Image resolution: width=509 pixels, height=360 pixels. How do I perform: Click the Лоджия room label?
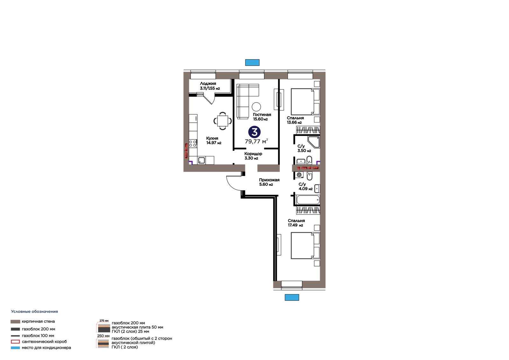point(208,83)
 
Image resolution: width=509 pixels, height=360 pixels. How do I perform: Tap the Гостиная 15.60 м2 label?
point(262,117)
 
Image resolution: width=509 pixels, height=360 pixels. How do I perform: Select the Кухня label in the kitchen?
point(212,138)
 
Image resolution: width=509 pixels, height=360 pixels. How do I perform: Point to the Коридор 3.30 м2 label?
point(253,156)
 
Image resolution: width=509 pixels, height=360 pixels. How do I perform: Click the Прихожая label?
point(269,180)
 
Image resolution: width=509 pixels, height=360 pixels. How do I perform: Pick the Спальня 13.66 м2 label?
point(295,120)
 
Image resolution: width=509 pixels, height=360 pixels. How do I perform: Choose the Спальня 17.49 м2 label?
point(296,223)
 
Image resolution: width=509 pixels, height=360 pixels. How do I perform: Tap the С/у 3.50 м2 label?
point(304,148)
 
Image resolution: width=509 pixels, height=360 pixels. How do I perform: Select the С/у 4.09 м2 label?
point(305,186)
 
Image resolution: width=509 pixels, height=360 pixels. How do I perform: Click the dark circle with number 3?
point(254,132)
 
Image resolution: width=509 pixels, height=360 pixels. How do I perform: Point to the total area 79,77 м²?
point(256,141)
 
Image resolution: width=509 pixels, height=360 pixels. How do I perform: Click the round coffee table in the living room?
point(256,106)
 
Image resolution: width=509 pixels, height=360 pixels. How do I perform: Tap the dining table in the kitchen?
point(223,121)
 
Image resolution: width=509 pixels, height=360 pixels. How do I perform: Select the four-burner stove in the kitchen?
point(193,144)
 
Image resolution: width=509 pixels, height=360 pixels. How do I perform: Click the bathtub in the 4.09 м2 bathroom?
point(308,200)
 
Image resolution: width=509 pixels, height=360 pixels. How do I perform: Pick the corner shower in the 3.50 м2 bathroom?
point(314,142)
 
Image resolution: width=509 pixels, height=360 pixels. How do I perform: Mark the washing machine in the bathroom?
point(299,175)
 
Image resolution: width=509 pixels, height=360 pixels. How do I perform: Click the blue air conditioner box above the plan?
point(252,62)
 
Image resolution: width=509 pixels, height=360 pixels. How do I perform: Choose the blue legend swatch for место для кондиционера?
point(15,348)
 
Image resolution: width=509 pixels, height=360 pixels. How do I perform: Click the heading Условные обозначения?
point(35,312)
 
